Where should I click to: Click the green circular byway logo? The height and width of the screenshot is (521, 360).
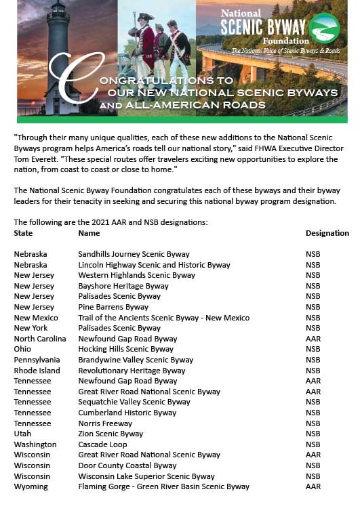[324, 28]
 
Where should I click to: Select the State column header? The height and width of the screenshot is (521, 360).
[23, 233]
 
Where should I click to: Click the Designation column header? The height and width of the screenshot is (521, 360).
[327, 233]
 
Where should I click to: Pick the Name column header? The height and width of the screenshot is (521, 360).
[89, 233]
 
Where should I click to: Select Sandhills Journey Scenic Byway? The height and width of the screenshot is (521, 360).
[134, 254]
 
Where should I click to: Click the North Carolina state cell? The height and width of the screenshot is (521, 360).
[40, 339]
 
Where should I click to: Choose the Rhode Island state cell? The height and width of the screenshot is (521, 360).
[37, 371]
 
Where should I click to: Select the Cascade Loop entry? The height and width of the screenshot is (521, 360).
[103, 444]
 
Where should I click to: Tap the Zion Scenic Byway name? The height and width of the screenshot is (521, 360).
[111, 434]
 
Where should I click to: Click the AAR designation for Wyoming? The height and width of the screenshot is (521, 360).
[313, 486]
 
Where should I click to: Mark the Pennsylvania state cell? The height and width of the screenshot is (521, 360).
[37, 360]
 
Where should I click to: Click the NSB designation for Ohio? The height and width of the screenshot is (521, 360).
[313, 350]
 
